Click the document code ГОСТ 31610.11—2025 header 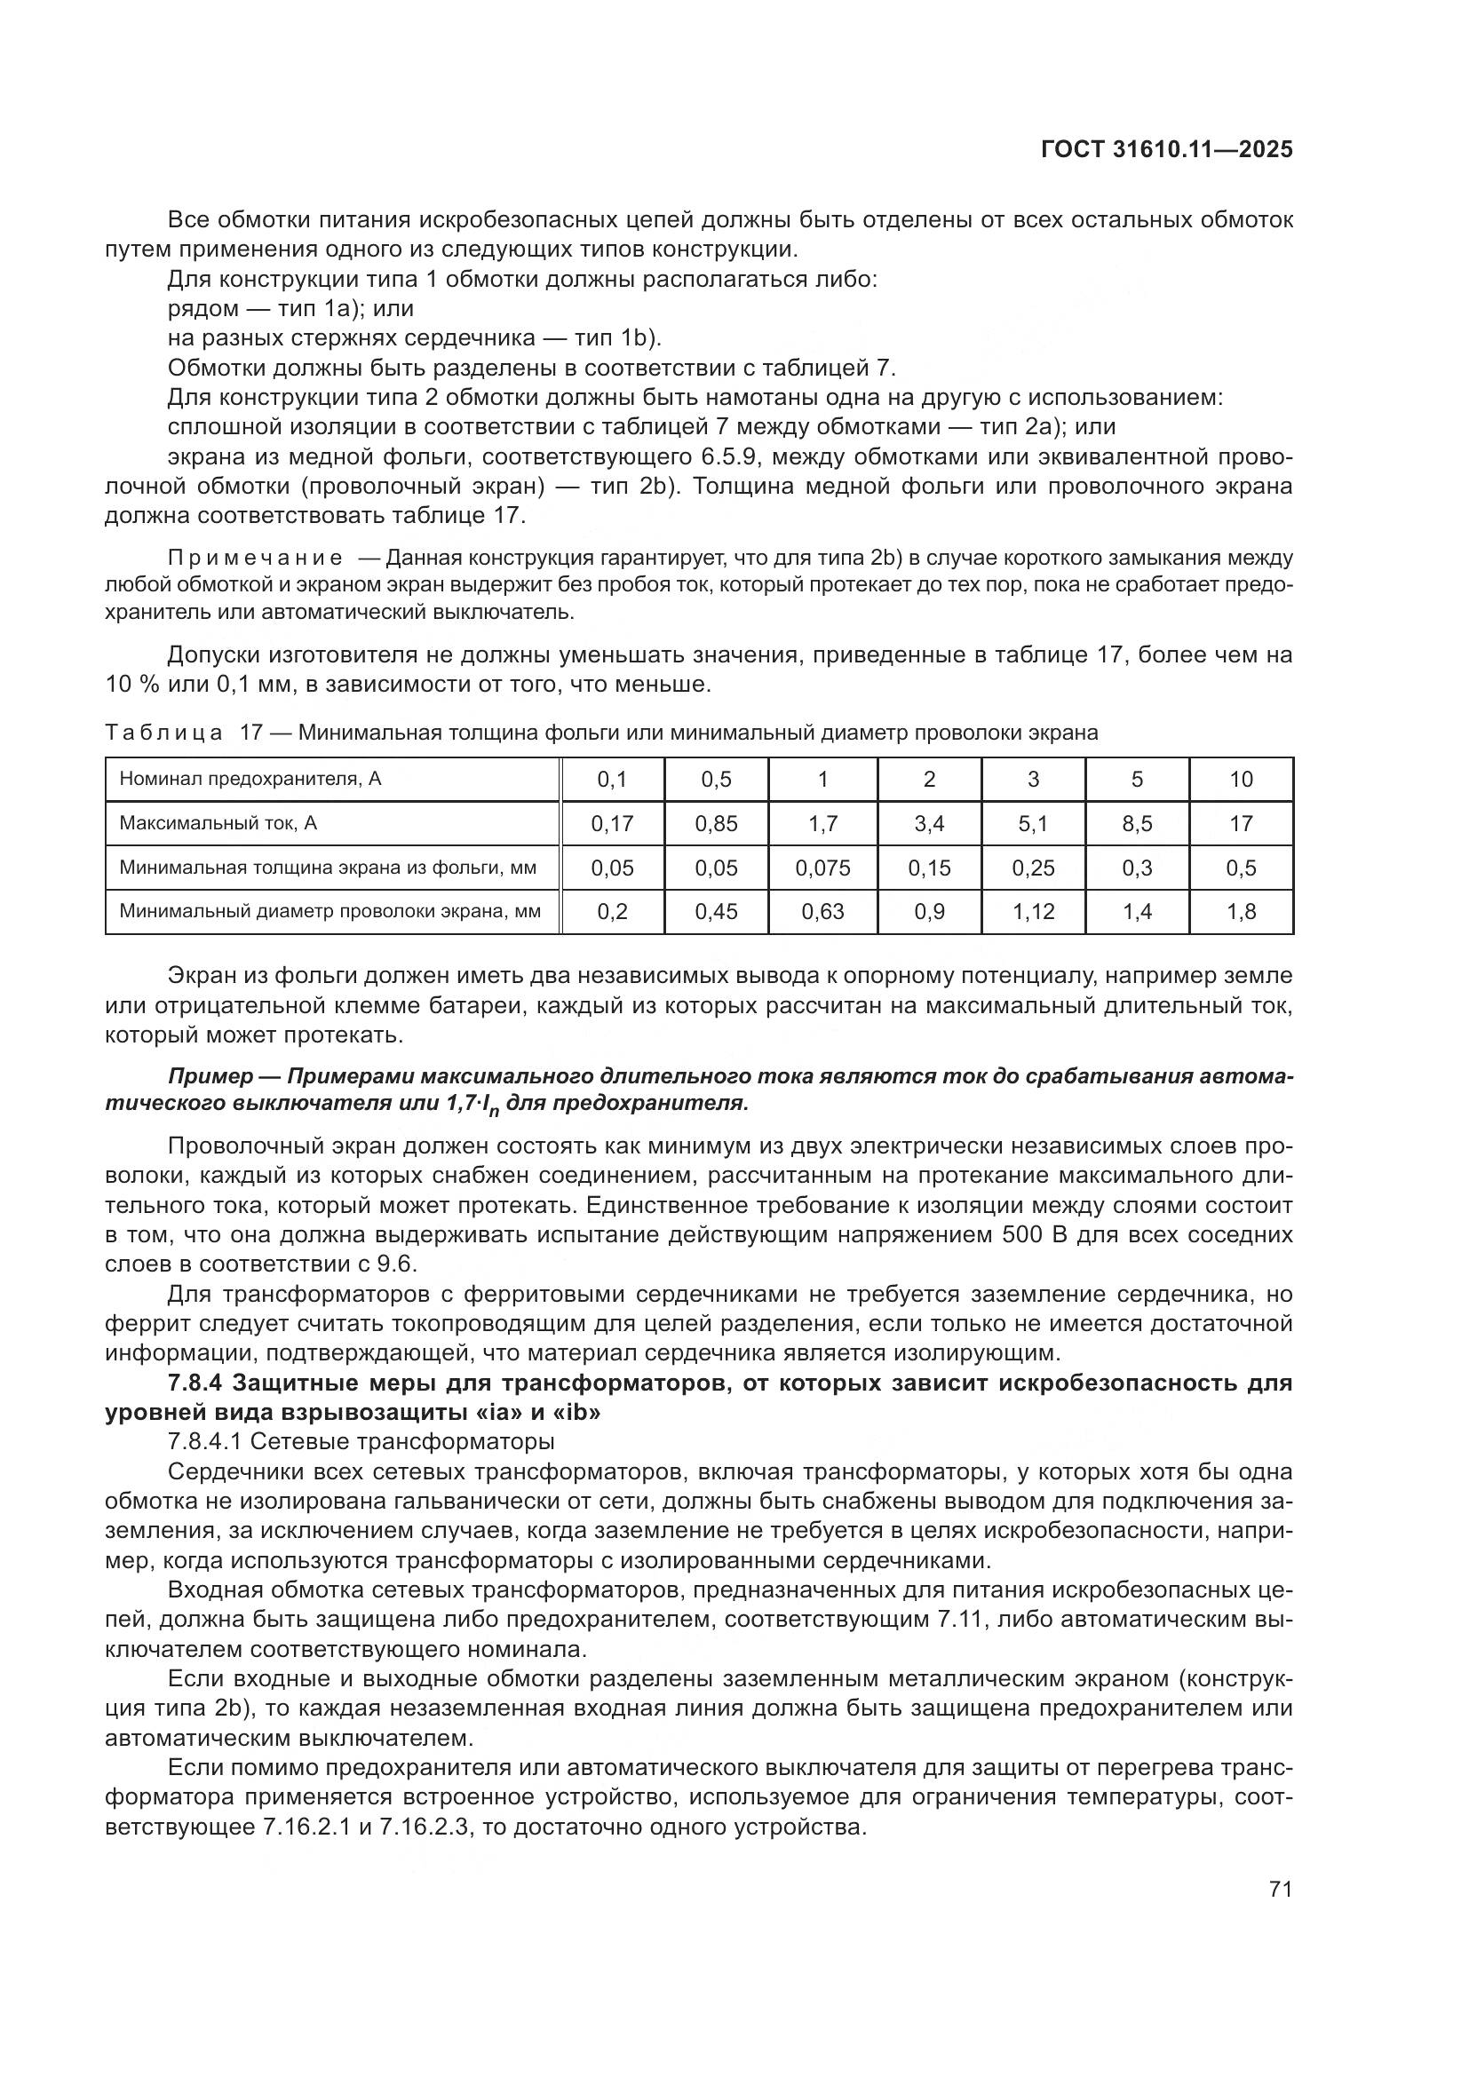point(1166,149)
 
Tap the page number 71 point(1280,1889)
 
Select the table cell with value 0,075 point(822,868)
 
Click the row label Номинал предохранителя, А point(250,779)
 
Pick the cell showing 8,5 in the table point(1137,824)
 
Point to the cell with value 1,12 point(1033,912)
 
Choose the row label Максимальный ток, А point(218,824)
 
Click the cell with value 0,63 point(822,912)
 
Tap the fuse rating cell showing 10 point(1241,780)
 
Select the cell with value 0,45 point(717,912)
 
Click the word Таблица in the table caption point(163,733)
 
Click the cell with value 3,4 point(929,824)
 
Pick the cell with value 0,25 point(1033,868)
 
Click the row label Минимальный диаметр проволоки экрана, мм point(330,912)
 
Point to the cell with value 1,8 point(1241,912)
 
